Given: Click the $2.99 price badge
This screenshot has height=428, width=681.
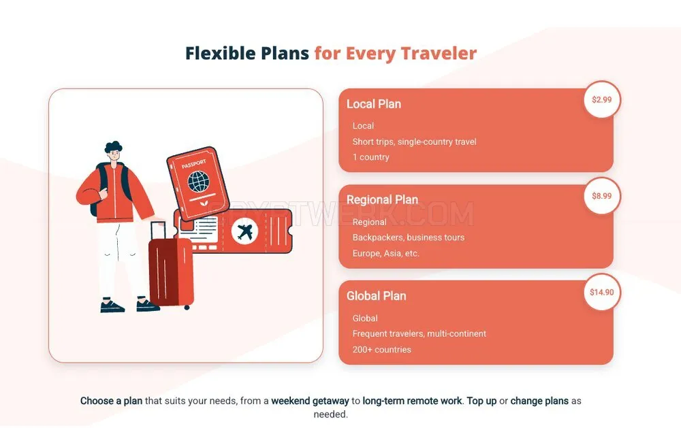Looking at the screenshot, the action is coord(601,99).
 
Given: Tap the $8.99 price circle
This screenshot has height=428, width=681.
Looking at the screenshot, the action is coord(601,196).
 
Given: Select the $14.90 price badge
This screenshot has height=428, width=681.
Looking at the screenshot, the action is coord(601,292).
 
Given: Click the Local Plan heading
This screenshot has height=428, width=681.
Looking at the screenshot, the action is coord(373,104).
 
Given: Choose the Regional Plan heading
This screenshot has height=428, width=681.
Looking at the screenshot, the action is coord(382,199).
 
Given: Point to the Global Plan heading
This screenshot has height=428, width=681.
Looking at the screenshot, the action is coord(376,296).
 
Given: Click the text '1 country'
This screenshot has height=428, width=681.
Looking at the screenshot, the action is coord(371,157).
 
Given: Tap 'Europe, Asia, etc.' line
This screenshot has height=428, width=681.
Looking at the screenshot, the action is coord(385,254).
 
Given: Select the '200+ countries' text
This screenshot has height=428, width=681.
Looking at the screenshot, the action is coord(382,350).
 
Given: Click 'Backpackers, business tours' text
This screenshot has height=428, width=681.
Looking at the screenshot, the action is coord(408,237).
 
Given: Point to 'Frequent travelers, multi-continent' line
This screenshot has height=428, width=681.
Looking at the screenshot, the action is coord(419,334).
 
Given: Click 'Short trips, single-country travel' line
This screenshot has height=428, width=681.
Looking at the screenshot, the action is coord(414,142).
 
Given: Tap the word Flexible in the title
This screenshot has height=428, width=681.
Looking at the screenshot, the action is coord(220,53).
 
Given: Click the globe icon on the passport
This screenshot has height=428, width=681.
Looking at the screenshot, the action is coord(198,182).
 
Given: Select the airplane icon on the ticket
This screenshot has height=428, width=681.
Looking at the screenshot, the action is coord(245,231).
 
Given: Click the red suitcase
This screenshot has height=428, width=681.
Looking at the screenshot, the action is coord(171,269).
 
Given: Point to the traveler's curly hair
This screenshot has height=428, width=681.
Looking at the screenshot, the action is coord(113,147).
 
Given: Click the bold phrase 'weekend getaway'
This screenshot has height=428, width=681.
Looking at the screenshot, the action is coord(310,401).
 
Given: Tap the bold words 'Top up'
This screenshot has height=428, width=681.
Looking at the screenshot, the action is coord(481,401).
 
